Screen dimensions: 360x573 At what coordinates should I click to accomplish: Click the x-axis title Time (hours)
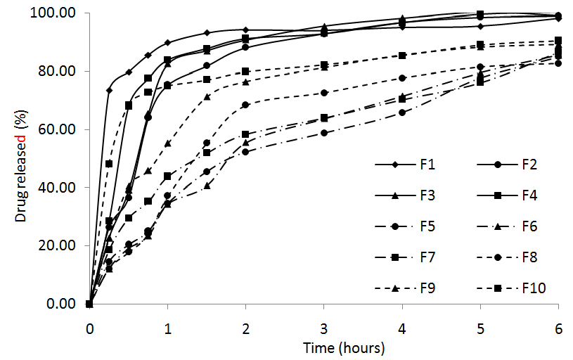344,347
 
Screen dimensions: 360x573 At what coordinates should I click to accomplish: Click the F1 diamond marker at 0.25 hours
109,91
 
